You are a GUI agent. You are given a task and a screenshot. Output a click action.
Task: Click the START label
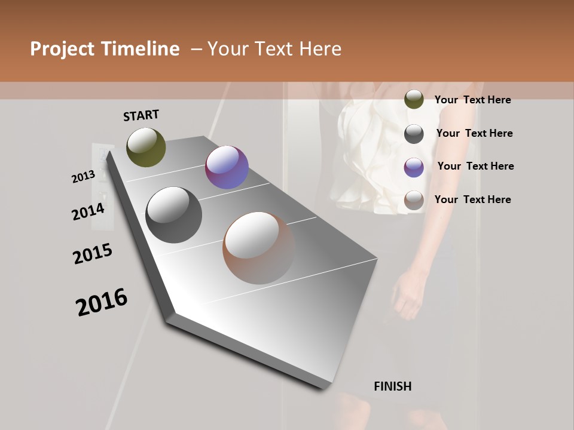point(141,115)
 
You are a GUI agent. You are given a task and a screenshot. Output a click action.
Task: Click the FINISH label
point(392,386)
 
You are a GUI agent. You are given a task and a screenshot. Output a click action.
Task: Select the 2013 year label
point(83,177)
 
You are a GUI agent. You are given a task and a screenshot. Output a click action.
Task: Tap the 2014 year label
point(88,212)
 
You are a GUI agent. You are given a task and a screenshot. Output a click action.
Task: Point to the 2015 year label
point(93,254)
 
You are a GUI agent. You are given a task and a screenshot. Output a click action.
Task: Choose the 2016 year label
point(102,302)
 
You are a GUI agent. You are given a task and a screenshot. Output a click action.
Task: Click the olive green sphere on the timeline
point(146,147)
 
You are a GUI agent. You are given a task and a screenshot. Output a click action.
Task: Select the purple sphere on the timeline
point(227,167)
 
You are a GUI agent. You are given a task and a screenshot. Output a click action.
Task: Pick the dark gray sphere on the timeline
point(174,215)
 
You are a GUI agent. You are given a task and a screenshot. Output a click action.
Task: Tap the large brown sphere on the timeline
point(259,248)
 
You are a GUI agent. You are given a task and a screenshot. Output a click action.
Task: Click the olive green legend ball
point(414,100)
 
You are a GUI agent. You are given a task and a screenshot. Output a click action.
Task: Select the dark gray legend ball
point(414,134)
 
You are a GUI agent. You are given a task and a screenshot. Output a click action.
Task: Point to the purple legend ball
point(414,167)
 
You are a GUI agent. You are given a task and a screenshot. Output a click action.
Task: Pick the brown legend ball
point(414,201)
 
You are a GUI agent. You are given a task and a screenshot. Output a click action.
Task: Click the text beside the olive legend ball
point(472,100)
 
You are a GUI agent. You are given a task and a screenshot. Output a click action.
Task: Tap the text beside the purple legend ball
point(475,166)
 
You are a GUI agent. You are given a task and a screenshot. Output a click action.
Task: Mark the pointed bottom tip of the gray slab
point(323,388)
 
